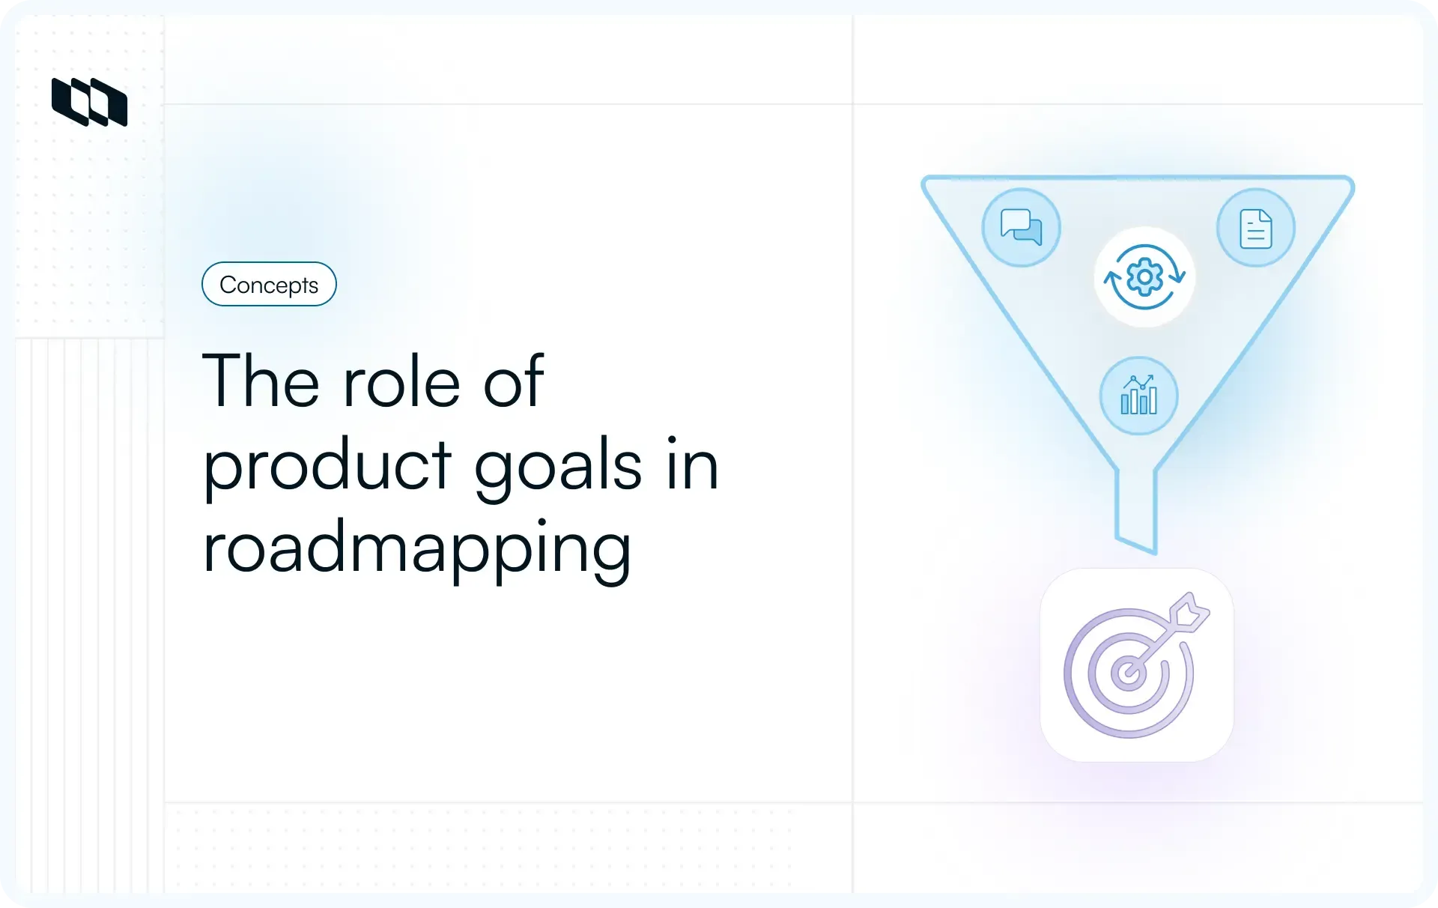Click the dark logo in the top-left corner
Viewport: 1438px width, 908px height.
click(x=89, y=102)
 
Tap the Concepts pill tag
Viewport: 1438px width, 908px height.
click(x=269, y=284)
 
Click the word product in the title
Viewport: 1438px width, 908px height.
click(x=327, y=467)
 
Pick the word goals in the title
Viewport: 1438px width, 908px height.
click(x=558, y=467)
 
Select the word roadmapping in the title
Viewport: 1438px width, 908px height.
click(x=417, y=549)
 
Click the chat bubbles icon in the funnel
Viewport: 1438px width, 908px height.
click(x=1022, y=227)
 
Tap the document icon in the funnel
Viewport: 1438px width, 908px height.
click(x=1256, y=228)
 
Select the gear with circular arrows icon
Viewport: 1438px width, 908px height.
click(x=1144, y=277)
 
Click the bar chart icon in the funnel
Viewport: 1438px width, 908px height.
click(x=1138, y=396)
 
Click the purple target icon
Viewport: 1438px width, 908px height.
click(x=1136, y=665)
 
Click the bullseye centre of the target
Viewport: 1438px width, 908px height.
click(x=1126, y=673)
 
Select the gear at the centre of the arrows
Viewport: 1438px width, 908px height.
click(x=1144, y=277)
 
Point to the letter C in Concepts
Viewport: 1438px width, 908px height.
click(x=228, y=285)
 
